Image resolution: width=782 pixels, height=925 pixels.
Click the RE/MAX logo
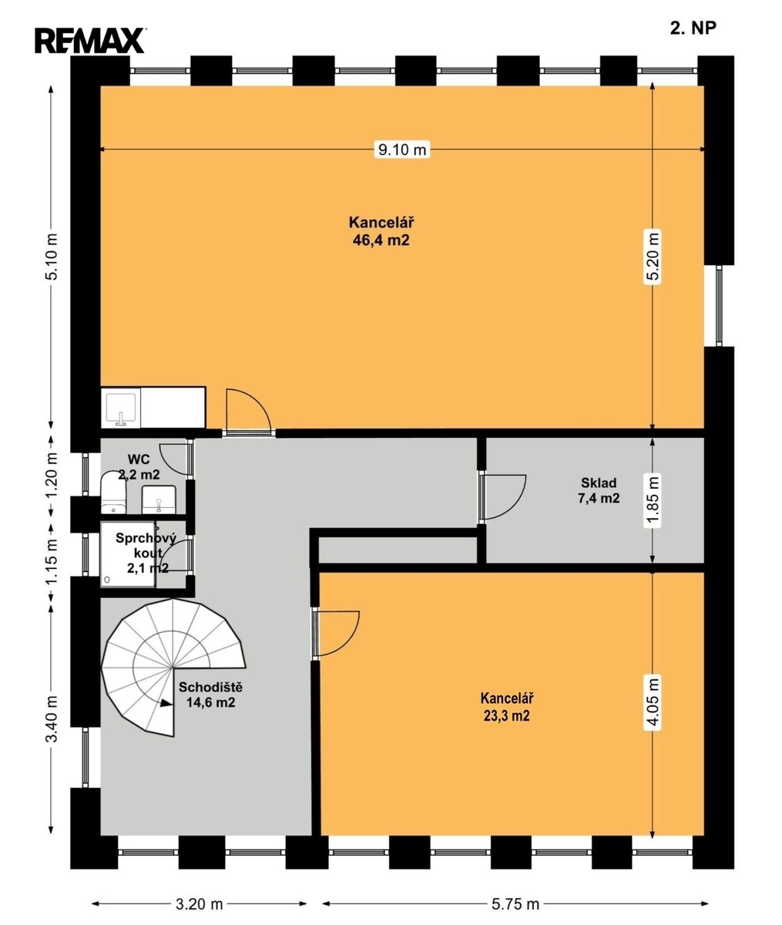point(90,40)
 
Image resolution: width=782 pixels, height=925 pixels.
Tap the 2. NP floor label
point(693,29)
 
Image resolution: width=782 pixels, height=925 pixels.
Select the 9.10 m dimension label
point(402,150)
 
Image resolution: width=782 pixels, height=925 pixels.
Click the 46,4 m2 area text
point(381,240)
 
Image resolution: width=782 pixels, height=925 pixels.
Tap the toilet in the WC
point(113,493)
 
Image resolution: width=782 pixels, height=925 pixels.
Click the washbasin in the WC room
point(159,499)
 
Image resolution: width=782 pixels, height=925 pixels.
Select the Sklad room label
point(599,483)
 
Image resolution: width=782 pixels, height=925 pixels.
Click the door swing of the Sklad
point(503,496)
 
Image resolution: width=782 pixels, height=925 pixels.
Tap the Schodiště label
point(210,688)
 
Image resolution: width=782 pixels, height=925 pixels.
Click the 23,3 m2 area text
point(506,716)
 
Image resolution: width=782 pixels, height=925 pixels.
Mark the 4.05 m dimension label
point(653,704)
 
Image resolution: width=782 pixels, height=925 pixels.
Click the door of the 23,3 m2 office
point(337,634)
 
